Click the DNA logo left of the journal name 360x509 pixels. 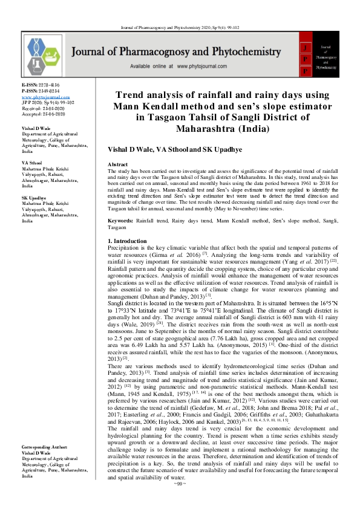[x=38, y=56]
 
